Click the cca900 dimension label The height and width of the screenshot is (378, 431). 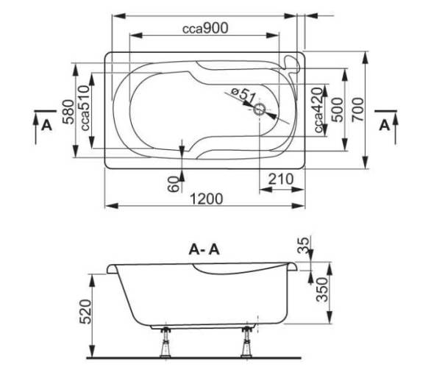205,29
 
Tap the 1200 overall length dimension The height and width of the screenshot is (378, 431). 207,199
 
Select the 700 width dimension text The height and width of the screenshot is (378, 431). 358,110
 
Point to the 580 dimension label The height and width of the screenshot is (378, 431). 68,112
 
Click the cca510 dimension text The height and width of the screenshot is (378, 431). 85,108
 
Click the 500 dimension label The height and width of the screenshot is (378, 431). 338,110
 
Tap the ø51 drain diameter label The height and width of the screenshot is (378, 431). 243,94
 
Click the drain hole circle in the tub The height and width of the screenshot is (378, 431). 259,110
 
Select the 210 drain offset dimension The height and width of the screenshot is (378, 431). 281,179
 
